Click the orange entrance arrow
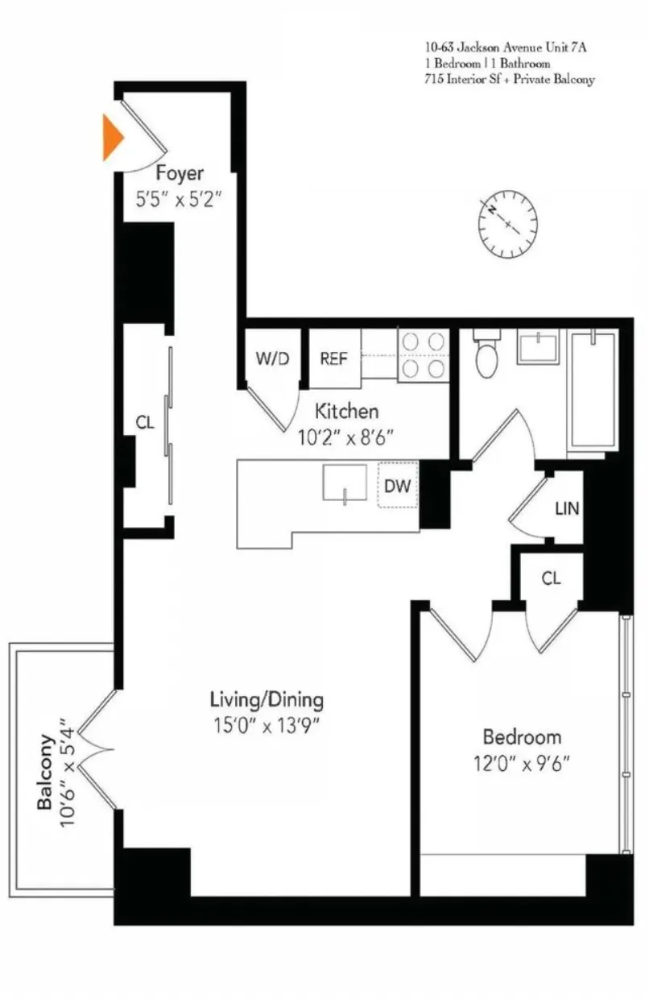tap(113, 138)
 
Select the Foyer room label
tap(180, 173)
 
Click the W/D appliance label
tap(271, 359)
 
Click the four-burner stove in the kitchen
tap(424, 354)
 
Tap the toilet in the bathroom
tap(487, 355)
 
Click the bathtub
tap(593, 388)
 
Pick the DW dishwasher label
tap(398, 486)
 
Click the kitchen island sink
tap(345, 483)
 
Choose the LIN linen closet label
tap(567, 509)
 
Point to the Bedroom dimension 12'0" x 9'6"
tap(522, 762)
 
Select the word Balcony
tap(46, 772)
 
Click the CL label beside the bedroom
tap(551, 578)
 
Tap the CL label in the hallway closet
tap(145, 423)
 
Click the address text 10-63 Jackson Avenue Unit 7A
tap(506, 48)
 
